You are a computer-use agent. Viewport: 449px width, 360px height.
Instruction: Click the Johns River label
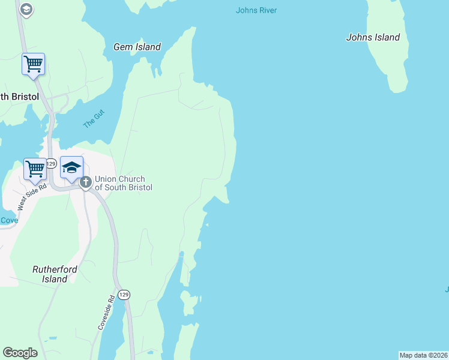(256, 10)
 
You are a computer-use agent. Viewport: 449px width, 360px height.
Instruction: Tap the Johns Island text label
(373, 37)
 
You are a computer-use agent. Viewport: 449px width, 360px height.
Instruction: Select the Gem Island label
(137, 47)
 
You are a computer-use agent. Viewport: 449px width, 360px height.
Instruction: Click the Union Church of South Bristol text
(124, 182)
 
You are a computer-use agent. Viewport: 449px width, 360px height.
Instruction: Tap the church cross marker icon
(85, 181)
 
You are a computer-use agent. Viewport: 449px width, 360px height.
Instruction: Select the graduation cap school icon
(71, 167)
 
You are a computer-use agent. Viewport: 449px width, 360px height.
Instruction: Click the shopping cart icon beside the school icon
(35, 169)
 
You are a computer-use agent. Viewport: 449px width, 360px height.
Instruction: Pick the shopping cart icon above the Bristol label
(34, 64)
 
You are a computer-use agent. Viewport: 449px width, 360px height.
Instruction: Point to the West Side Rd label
(32, 196)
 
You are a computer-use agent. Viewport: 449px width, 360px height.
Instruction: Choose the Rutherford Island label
(55, 274)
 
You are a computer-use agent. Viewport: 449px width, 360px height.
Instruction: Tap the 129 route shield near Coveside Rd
(123, 295)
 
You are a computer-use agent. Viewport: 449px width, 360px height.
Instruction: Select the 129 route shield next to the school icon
(52, 163)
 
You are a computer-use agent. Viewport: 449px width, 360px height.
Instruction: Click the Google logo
(20, 353)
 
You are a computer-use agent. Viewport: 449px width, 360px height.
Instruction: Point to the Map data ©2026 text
(423, 355)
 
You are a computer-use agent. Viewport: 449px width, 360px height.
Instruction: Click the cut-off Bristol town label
(19, 97)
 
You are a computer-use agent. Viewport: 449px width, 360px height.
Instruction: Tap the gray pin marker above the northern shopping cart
(26, 8)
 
